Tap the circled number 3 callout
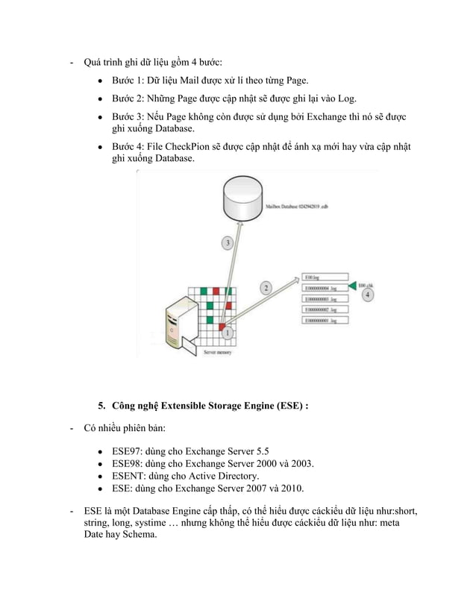pos(228,243)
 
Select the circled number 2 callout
pos(266,286)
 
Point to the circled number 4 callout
pos(368,295)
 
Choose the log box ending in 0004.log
pos(324,286)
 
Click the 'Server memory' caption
pos(217,353)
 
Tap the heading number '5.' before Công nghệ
pos(102,406)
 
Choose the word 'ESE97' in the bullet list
pos(128,451)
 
